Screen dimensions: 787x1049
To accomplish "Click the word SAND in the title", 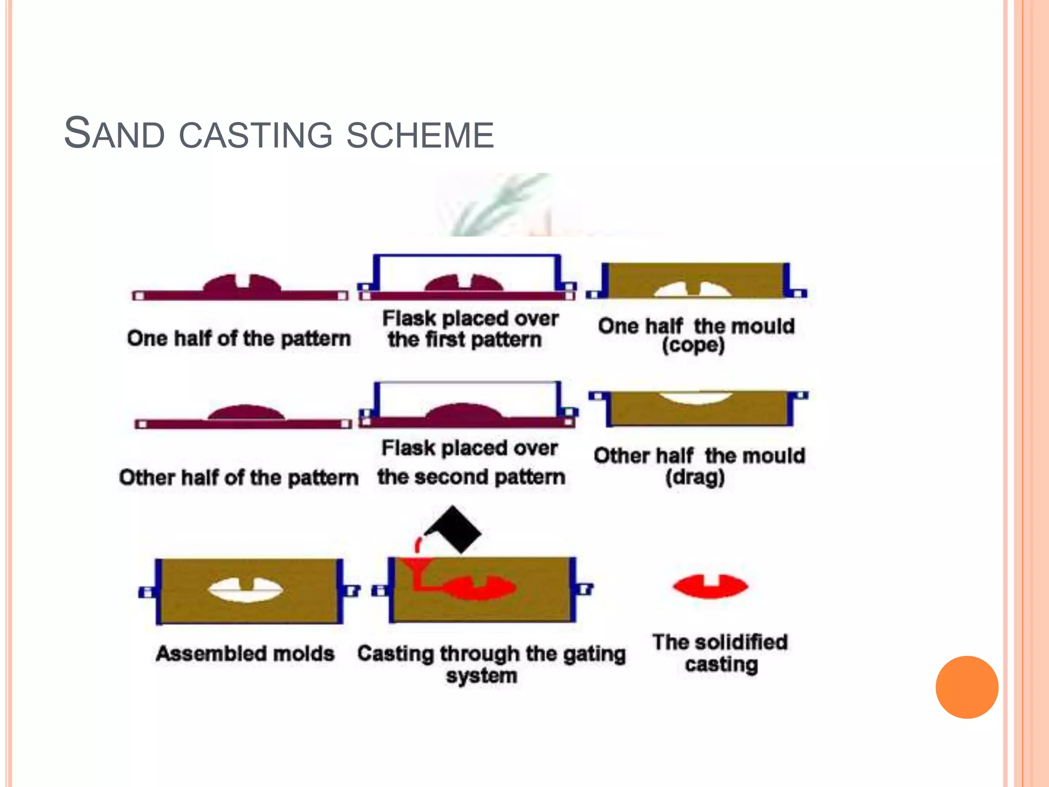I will [114, 134].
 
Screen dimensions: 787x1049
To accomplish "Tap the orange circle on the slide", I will [967, 687].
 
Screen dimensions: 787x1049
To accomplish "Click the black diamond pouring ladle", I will [454, 530].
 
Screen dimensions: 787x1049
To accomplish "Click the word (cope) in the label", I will [693, 345].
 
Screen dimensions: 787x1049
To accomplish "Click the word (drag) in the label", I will [695, 478].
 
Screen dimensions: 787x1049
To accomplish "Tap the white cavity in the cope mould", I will [693, 291].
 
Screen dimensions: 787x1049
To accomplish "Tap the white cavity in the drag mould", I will [695, 397].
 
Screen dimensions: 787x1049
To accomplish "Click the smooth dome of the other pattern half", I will [245, 411].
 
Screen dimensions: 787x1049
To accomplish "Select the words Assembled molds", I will [245, 654].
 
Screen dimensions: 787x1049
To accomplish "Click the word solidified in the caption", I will [741, 643].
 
